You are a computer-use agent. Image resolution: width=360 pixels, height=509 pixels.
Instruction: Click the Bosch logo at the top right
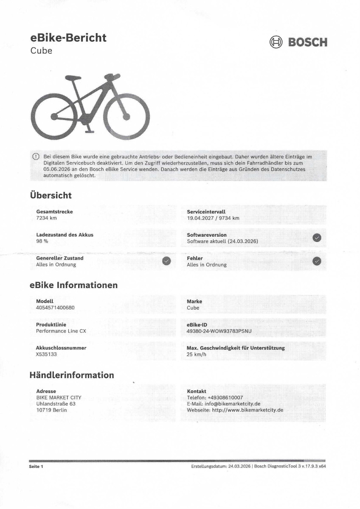(298, 42)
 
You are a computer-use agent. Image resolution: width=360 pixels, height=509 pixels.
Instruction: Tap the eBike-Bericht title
(68, 38)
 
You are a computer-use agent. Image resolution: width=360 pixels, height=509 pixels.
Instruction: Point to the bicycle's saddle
(73, 78)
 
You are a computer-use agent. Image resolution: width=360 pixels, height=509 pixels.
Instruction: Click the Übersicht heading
(51, 196)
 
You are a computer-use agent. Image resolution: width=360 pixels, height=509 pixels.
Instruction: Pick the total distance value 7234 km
(46, 218)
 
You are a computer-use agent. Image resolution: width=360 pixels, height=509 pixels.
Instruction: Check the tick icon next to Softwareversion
(317, 238)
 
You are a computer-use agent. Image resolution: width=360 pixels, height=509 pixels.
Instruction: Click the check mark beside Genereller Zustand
(167, 261)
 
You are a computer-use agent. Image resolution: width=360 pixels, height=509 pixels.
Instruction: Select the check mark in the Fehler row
(317, 261)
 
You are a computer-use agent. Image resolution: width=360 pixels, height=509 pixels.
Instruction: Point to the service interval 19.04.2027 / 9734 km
(213, 218)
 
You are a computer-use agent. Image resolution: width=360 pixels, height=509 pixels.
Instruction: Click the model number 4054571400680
(55, 308)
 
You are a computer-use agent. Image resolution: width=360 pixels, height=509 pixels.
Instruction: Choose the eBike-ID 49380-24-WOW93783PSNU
(219, 331)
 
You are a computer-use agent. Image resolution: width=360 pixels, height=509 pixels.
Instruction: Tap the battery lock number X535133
(47, 354)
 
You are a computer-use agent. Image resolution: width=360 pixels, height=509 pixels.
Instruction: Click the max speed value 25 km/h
(197, 354)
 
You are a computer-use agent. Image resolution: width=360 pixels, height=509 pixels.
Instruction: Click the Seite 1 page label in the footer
(36, 467)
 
